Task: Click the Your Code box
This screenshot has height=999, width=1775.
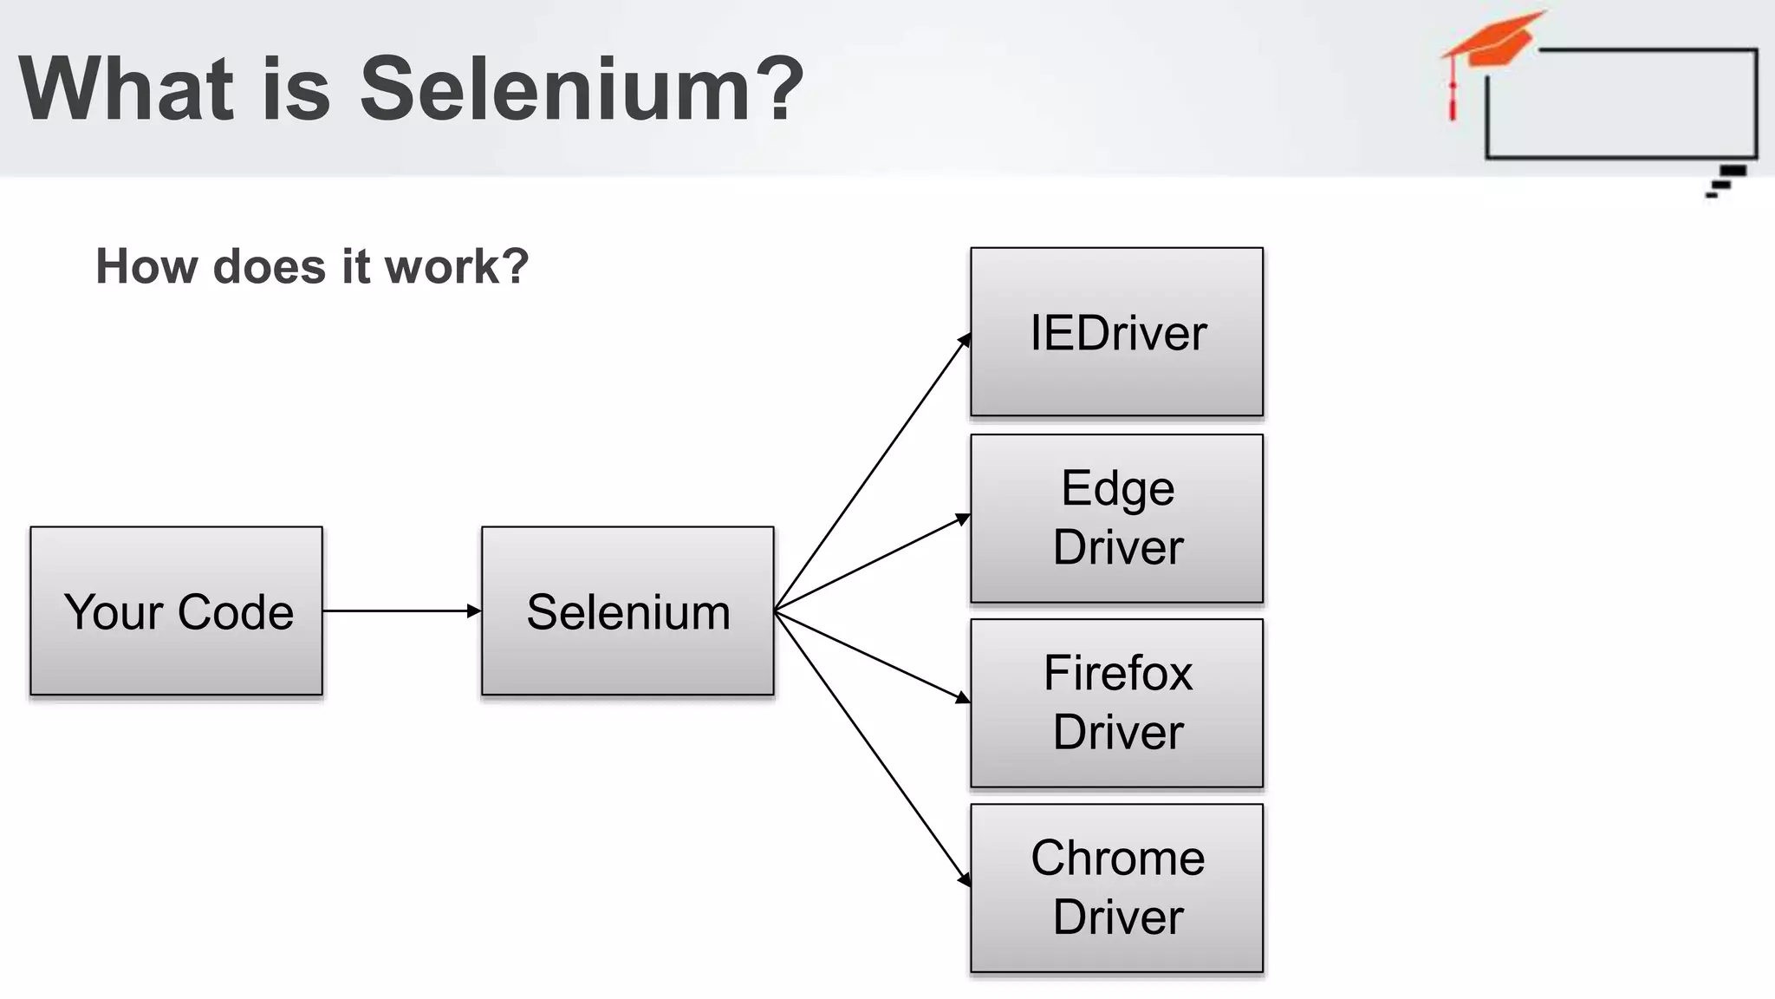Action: pyautogui.click(x=177, y=610)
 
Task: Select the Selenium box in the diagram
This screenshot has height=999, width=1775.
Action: pyautogui.click(x=627, y=610)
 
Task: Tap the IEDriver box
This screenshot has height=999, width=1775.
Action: pyautogui.click(x=1116, y=332)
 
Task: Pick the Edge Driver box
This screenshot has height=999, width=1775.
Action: pyautogui.click(x=1116, y=518)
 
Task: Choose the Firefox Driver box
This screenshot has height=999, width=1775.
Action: pyautogui.click(x=1116, y=702)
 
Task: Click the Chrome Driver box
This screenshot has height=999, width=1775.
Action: pyautogui.click(x=1116, y=888)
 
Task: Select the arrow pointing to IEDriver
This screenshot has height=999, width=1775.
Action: pyautogui.click(x=871, y=473)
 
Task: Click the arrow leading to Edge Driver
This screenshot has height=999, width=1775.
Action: pyautogui.click(x=871, y=565)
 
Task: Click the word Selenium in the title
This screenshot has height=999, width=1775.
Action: pyautogui.click(x=556, y=88)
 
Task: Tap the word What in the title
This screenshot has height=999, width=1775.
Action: pyautogui.click(x=127, y=88)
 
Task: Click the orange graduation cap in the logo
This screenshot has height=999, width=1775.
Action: pyautogui.click(x=1495, y=39)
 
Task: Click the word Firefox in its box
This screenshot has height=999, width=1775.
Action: pyautogui.click(x=1118, y=673)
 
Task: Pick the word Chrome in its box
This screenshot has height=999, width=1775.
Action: pyautogui.click(x=1118, y=859)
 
